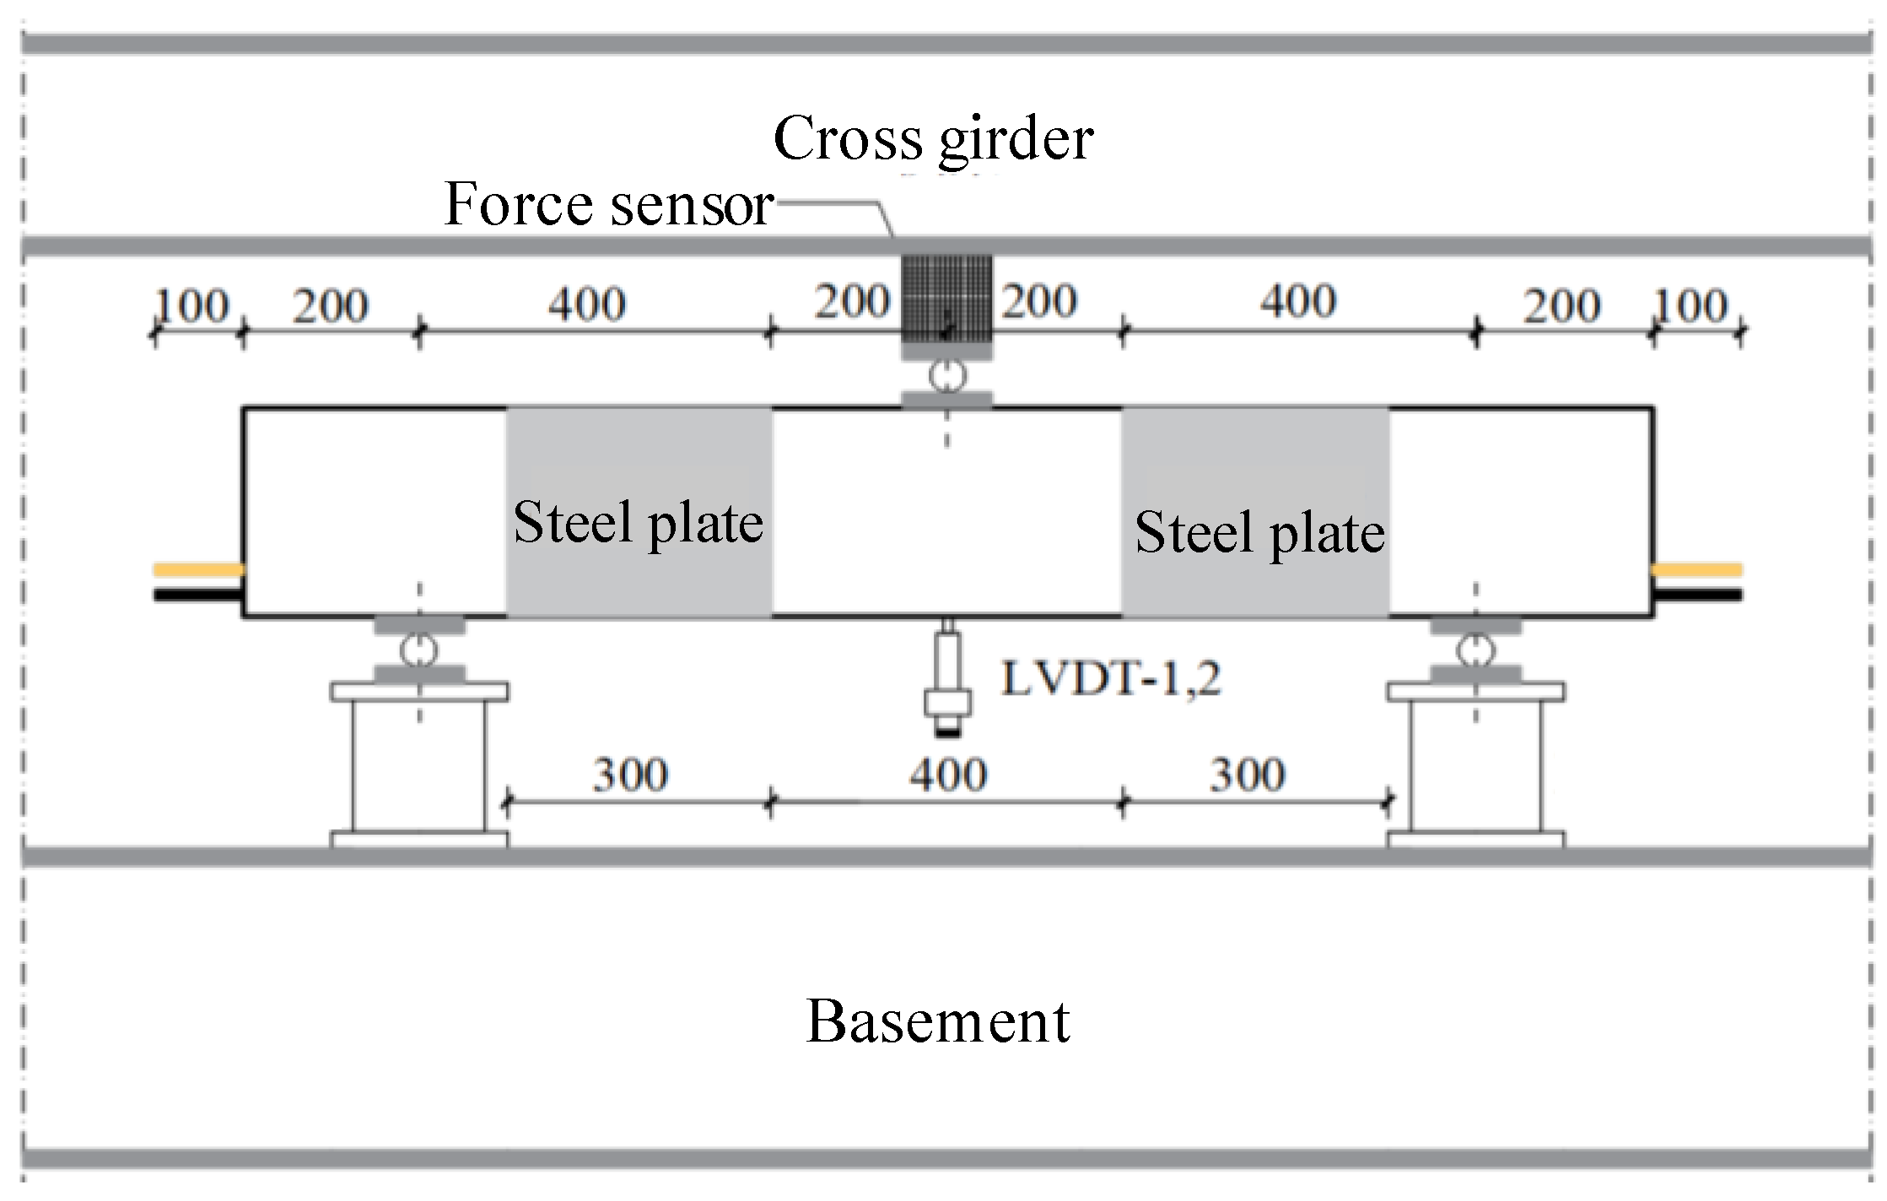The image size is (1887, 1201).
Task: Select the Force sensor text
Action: tap(608, 204)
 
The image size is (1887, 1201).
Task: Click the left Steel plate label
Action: tap(638, 524)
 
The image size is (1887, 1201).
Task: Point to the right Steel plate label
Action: tap(1259, 533)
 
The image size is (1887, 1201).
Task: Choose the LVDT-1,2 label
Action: tap(1111, 678)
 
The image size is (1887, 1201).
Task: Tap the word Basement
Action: tap(938, 1021)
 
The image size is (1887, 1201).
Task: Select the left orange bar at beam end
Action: tap(199, 570)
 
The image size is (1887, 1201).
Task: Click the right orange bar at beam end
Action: tap(1696, 570)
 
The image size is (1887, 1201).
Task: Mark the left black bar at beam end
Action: tap(199, 595)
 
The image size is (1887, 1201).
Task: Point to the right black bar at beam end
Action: tap(1696, 595)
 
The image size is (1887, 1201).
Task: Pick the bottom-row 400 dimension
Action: tap(947, 774)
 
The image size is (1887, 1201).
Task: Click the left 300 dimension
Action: tap(630, 774)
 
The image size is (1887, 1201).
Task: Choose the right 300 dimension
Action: tap(1248, 774)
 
